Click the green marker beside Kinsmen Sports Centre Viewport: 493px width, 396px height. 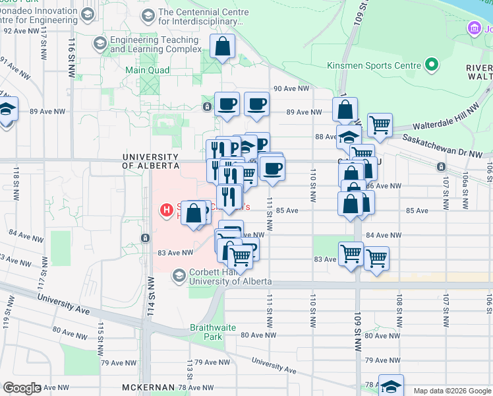click(432, 65)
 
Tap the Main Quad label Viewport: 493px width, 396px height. click(148, 70)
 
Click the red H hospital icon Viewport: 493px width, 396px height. click(167, 211)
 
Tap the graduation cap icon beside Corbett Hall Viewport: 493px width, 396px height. click(178, 275)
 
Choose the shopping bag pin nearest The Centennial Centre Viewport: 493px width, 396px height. click(223, 47)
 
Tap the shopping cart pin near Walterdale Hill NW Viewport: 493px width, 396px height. click(380, 124)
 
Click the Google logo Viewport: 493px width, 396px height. click(22, 388)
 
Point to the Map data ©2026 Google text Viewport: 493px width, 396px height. click(451, 391)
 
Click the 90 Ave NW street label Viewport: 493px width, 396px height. click(291, 88)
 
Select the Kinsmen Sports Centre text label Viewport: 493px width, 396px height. click(374, 65)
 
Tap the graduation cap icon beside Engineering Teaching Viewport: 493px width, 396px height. click(100, 44)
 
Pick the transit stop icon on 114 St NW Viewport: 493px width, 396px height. click(145, 238)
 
